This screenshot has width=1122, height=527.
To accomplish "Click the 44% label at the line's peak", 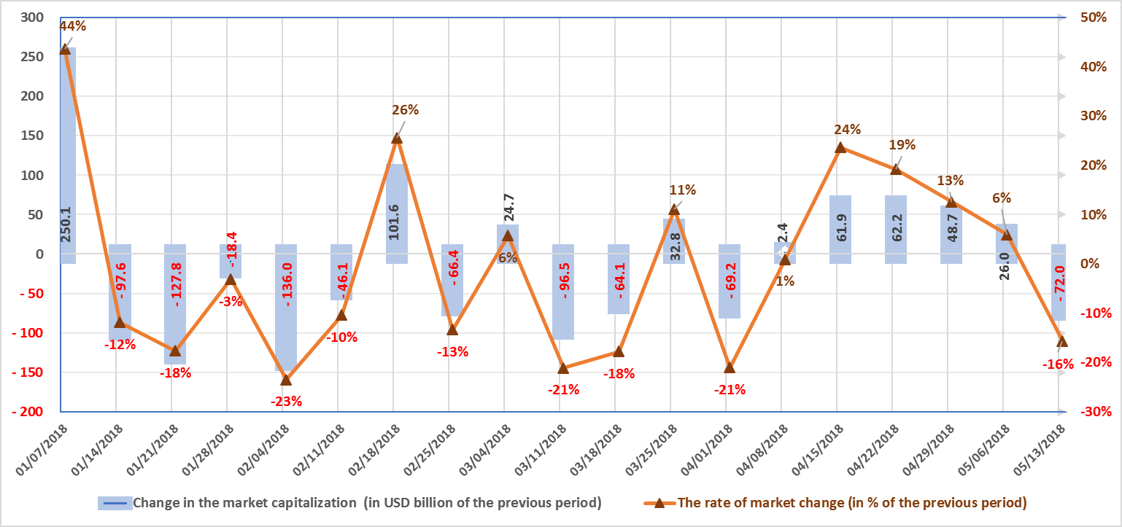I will coord(72,26).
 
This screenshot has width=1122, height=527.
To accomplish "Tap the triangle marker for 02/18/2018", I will coord(397,138).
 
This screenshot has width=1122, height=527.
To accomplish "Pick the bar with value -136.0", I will coord(286,307).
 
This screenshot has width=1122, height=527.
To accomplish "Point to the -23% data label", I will coord(286,401).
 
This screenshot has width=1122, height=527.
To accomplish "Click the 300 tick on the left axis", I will coord(32,17).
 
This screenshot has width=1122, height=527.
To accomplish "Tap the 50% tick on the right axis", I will coord(1094,17).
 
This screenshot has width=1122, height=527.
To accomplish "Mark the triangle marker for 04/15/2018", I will coord(840,148).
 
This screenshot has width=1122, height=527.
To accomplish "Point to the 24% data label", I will coord(848,130).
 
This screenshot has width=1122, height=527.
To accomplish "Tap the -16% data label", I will coord(1058,364).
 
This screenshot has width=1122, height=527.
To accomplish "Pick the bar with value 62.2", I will coord(896,229).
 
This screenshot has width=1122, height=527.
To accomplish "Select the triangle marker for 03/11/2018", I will coord(563,368).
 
